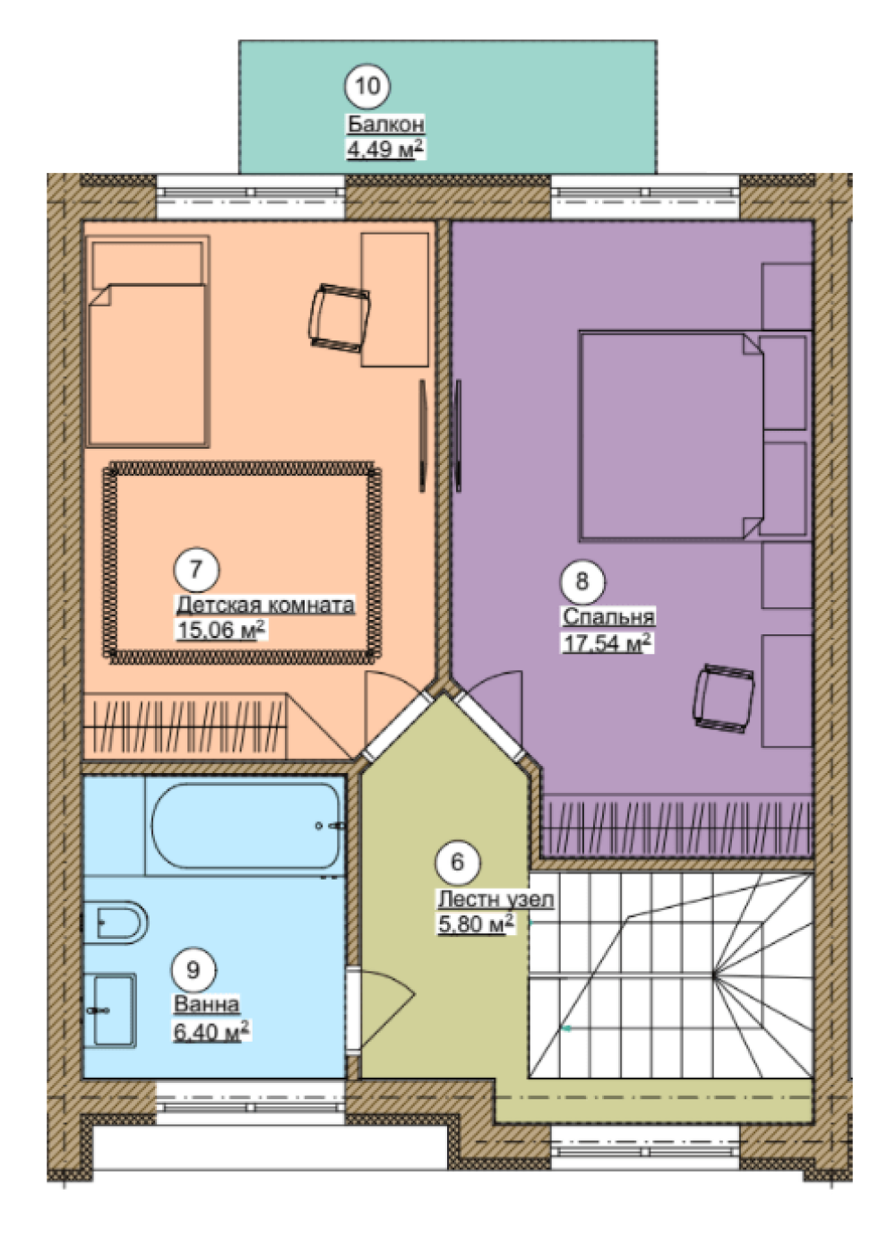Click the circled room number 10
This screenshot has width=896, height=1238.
tap(367, 86)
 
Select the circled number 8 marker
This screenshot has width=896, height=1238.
tap(582, 580)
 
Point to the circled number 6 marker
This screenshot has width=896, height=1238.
tap(458, 862)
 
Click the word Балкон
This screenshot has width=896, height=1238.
tap(386, 125)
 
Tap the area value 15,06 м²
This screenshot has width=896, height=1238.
tap(220, 629)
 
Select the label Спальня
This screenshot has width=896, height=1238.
tap(608, 616)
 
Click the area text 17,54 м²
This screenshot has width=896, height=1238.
tap(607, 643)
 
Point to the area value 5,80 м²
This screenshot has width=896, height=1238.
tap(476, 923)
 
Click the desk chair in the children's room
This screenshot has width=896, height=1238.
tap(339, 317)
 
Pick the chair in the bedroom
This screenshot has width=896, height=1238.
tap(723, 700)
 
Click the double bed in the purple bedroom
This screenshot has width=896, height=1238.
tap(670, 435)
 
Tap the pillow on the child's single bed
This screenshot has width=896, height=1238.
tap(147, 265)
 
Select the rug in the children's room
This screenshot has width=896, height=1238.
tap(242, 562)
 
